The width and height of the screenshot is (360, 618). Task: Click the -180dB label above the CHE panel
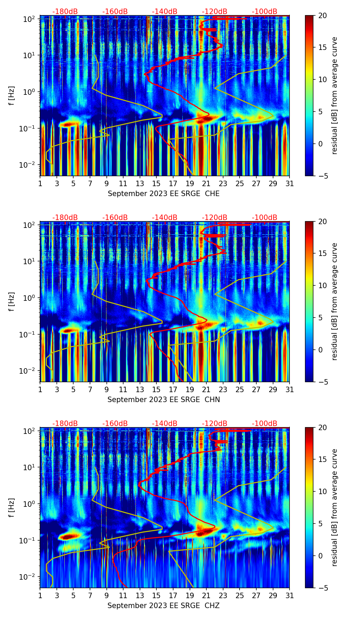tap(65, 12)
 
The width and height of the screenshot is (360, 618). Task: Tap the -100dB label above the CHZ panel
tap(265, 424)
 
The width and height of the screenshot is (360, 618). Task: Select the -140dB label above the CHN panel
tap(165, 218)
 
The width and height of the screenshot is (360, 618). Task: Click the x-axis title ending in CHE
tap(164, 194)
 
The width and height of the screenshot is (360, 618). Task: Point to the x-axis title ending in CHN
tap(164, 400)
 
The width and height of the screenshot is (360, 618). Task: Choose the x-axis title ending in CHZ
tap(164, 606)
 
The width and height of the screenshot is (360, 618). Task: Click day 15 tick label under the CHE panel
tap(156, 184)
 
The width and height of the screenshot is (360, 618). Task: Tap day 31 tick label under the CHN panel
tap(290, 390)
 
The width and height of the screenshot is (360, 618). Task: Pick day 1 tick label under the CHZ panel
tap(40, 596)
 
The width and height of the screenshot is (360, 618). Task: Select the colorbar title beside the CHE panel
tap(335, 95)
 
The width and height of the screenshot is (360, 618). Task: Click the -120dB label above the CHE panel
tap(215, 12)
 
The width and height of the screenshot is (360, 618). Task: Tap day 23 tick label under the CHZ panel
tap(223, 596)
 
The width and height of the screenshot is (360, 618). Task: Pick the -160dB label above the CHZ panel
tap(115, 424)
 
